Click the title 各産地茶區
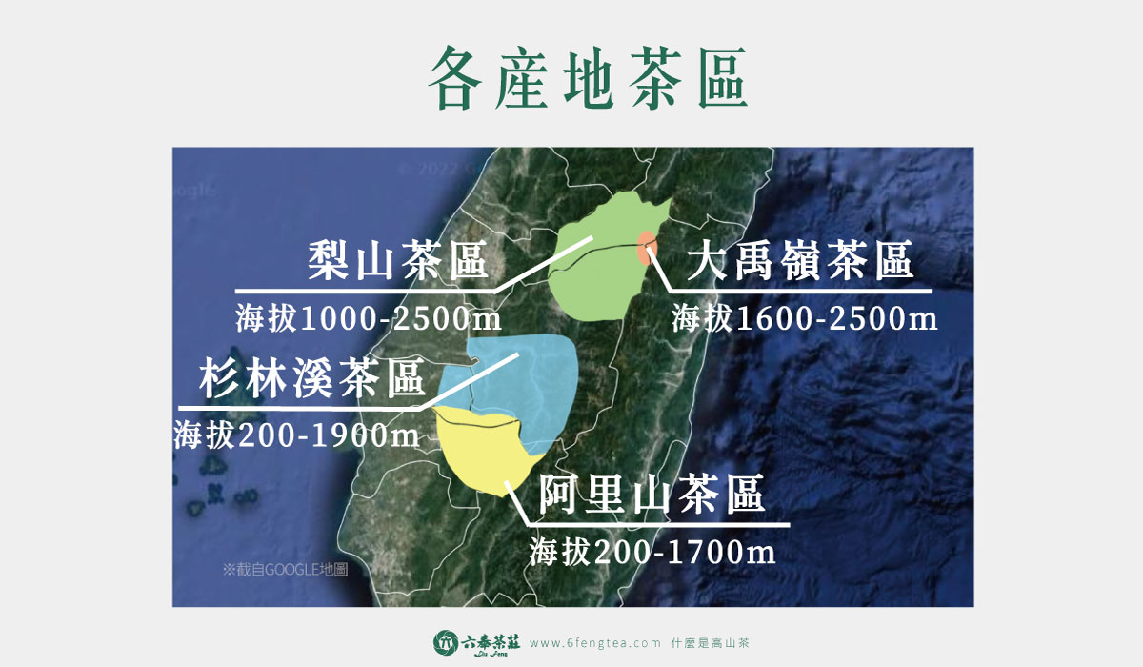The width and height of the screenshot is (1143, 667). [x=588, y=77]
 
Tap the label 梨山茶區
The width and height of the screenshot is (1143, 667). [x=398, y=260]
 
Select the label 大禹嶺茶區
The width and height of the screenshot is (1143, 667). [x=799, y=260]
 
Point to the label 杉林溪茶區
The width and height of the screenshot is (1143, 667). [x=311, y=377]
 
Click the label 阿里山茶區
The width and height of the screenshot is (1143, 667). [x=652, y=494]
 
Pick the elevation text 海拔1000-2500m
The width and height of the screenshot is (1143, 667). [x=369, y=318]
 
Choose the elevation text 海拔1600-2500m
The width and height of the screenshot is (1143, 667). [x=805, y=318]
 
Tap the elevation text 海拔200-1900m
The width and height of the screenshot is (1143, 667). [x=296, y=435]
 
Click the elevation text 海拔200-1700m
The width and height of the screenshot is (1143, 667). [x=652, y=552]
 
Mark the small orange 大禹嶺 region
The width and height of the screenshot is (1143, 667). [x=647, y=248]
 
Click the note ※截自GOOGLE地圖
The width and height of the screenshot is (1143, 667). [x=285, y=569]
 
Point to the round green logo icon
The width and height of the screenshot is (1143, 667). [x=446, y=642]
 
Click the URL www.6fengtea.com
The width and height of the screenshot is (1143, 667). [x=595, y=643]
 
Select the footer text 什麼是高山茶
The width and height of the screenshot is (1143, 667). [x=710, y=643]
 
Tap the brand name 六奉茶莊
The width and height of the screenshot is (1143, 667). [x=491, y=641]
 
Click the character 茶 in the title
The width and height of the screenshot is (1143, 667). [x=657, y=77]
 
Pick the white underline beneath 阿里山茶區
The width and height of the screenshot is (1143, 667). [x=658, y=525]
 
